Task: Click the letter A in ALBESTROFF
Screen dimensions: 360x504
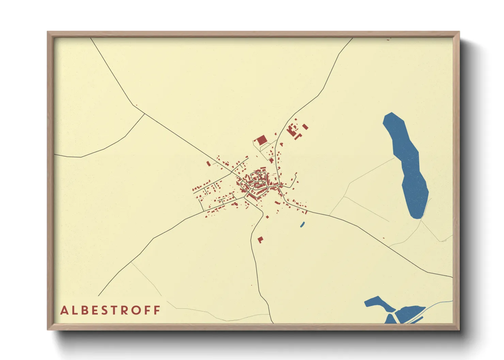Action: [64, 310]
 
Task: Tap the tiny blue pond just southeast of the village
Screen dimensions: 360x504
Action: [302, 224]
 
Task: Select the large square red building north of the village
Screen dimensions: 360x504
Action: [262, 140]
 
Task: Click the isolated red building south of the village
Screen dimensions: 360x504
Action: [260, 240]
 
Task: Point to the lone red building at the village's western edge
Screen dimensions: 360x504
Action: [208, 164]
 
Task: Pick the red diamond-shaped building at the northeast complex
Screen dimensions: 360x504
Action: [305, 127]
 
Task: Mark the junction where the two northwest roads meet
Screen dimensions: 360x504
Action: [145, 114]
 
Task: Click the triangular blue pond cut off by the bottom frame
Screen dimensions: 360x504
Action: [390, 320]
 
